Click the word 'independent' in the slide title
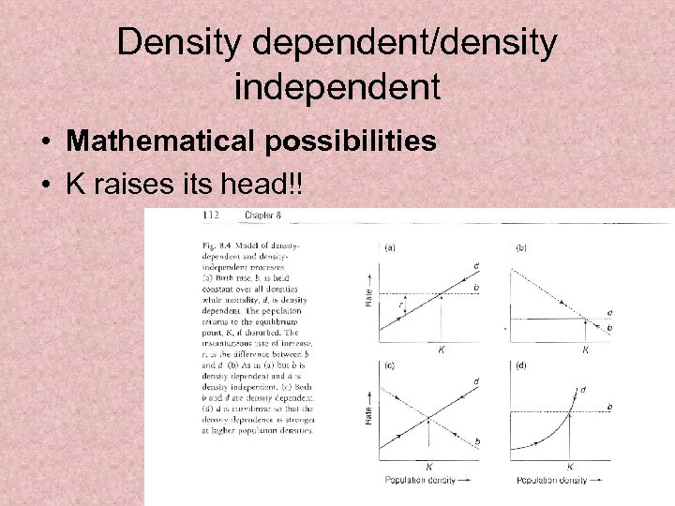click(x=337, y=88)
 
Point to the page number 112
click(x=211, y=216)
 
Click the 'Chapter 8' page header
click(x=263, y=216)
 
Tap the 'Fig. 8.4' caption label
click(x=204, y=246)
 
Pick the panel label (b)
click(x=521, y=247)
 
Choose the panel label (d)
click(x=521, y=365)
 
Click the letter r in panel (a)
click(x=401, y=305)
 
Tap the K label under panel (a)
click(x=442, y=350)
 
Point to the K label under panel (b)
click(x=586, y=350)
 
